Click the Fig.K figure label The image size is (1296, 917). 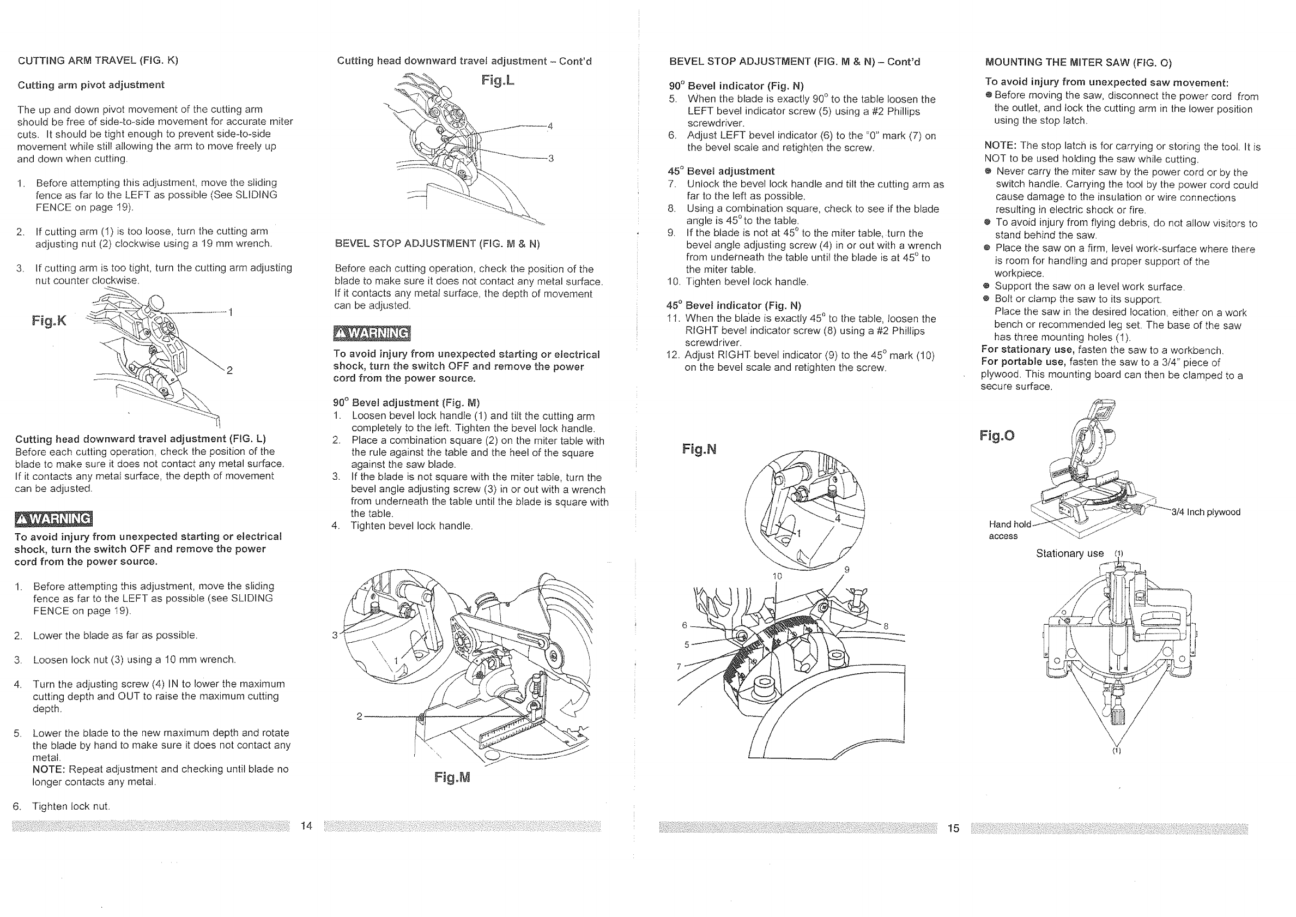(x=49, y=321)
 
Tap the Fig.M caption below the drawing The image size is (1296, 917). (x=452, y=777)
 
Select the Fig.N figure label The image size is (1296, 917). (x=699, y=449)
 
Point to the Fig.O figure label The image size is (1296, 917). (x=997, y=435)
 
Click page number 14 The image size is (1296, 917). (x=306, y=826)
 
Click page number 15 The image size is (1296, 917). (x=953, y=828)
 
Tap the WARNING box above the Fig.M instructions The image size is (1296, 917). (x=372, y=334)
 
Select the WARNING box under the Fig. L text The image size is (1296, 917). (x=53, y=518)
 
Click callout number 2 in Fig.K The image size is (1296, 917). (x=229, y=370)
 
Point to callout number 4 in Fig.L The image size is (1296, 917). (x=550, y=126)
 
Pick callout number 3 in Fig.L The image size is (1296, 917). (x=551, y=159)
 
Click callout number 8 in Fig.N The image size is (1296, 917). (x=886, y=626)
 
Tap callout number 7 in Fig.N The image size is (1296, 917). (x=679, y=666)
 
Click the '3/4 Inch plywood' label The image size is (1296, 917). (x=1206, y=512)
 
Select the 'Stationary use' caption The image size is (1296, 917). (x=1069, y=553)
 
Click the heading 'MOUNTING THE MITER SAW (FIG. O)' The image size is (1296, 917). (x=1078, y=62)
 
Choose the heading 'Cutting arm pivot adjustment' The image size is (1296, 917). (x=92, y=85)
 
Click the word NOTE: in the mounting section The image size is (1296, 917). (x=1000, y=146)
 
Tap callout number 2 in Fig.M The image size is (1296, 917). (x=359, y=716)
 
